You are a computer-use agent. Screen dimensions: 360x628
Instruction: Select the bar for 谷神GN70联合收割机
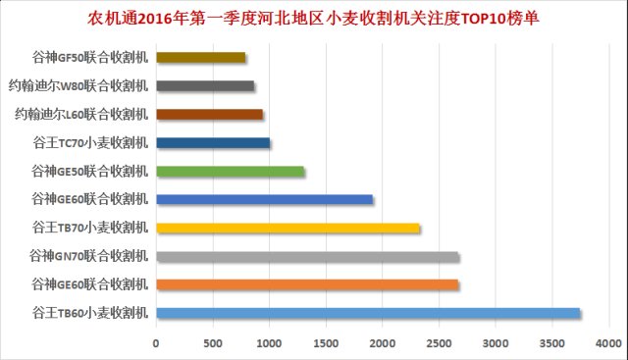[x=307, y=257]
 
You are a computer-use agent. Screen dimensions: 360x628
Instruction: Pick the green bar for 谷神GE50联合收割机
[x=231, y=172]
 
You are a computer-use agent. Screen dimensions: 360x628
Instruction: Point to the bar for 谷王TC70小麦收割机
[x=213, y=143]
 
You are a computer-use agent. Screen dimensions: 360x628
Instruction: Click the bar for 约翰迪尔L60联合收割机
[x=209, y=115]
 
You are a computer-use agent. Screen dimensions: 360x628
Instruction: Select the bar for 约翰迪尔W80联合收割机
[x=205, y=86]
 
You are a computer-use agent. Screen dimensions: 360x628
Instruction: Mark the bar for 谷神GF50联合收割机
[x=200, y=58]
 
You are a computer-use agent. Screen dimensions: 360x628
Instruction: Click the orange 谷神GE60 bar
[x=307, y=284]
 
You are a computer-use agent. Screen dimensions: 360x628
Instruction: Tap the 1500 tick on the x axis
[x=326, y=342]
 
